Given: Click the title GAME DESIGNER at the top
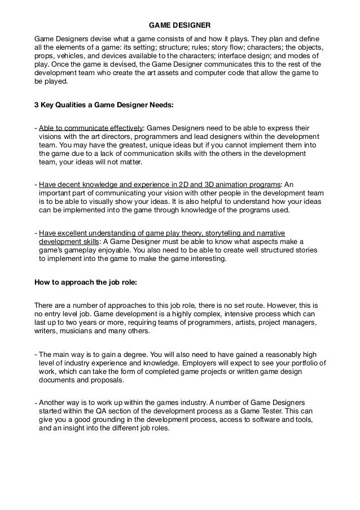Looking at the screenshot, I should pos(180,25).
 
